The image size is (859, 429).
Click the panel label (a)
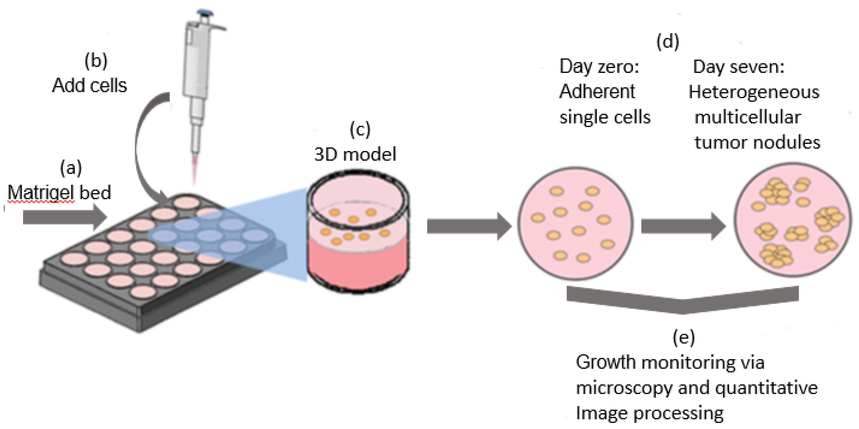point(71,168)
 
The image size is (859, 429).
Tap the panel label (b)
point(96,61)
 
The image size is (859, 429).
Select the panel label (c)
point(360,129)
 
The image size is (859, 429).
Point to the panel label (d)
point(668,42)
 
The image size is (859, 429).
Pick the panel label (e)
point(684,337)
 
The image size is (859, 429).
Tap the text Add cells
point(89,85)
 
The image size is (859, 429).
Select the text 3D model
point(355,154)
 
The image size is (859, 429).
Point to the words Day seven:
point(739,67)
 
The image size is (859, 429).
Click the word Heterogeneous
point(754,92)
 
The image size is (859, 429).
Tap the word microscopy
point(624,388)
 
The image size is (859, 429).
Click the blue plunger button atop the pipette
point(205,13)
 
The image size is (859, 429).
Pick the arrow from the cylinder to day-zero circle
point(469,226)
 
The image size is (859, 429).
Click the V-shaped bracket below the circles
point(682,300)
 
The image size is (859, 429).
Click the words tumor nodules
point(757,143)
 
